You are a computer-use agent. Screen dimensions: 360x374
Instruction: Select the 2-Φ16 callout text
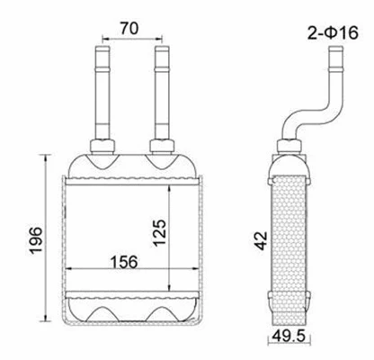332,34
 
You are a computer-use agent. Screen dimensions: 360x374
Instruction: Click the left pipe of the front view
101,90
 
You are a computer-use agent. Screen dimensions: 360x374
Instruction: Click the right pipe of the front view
162,90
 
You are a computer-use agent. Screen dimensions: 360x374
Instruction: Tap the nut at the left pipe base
101,146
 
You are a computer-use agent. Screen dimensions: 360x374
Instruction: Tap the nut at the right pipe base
162,146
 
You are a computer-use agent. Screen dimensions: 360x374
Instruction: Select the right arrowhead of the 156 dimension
194,271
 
